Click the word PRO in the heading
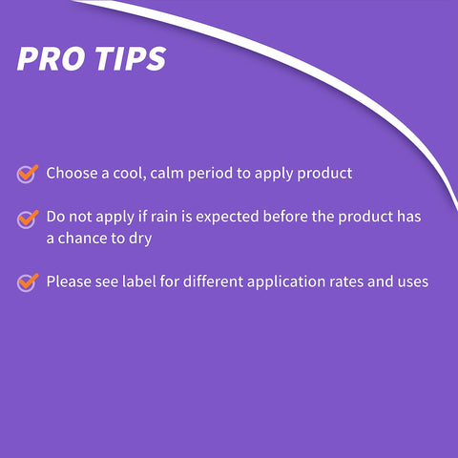tap(52, 58)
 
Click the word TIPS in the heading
tap(131, 58)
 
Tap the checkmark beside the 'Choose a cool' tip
tap(28, 174)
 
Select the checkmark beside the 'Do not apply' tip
tap(28, 219)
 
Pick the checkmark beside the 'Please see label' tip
tap(28, 282)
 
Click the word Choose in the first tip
tap(72, 173)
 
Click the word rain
tap(163, 217)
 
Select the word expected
tap(227, 218)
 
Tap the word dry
tap(140, 239)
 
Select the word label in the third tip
tap(139, 281)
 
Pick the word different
tap(213, 281)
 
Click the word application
tap(286, 282)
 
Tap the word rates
tap(346, 282)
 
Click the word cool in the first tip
tap(130, 174)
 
